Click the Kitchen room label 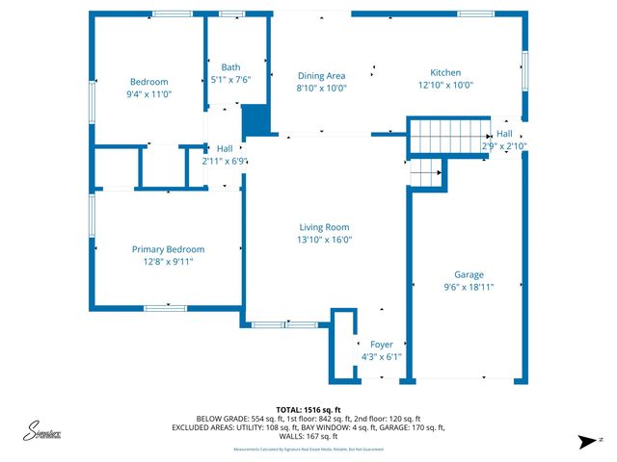(x=445, y=73)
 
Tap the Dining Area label (x=321, y=75)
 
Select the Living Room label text (x=323, y=227)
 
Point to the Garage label (x=469, y=274)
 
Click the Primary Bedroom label (x=168, y=249)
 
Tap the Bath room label (x=230, y=67)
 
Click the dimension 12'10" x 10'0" (x=445, y=86)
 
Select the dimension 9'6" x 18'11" (x=469, y=287)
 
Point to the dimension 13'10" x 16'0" (x=323, y=240)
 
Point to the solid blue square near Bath (x=255, y=120)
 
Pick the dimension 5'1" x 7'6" (x=230, y=80)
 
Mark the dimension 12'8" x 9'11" (x=168, y=262)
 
